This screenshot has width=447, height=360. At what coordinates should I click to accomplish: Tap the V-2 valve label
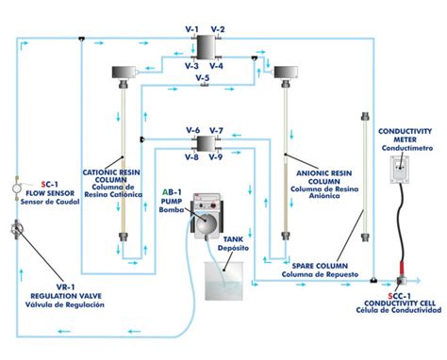tap(218, 30)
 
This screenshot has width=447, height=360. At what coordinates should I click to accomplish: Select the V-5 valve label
tap(204, 77)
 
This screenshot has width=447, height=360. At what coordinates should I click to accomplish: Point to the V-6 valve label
tap(192, 130)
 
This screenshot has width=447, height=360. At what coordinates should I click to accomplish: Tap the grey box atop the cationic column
tap(123, 73)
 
